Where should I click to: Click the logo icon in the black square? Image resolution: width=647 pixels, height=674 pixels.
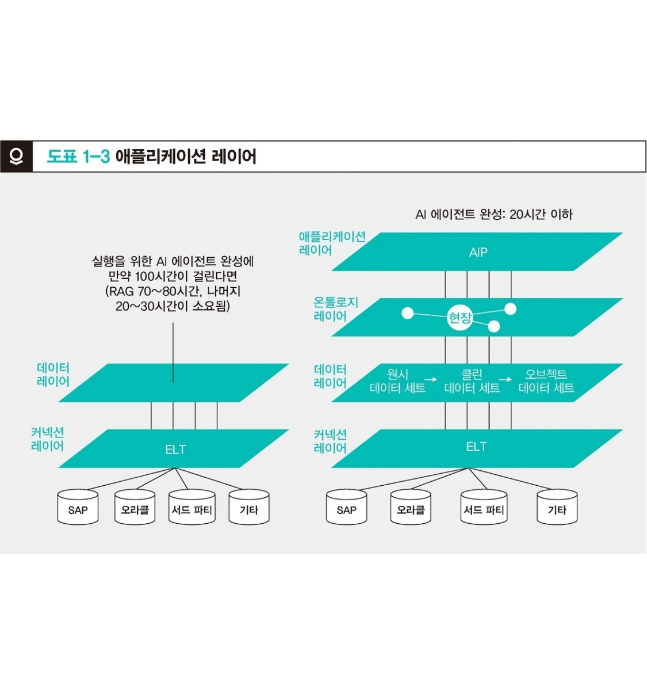tap(16, 156)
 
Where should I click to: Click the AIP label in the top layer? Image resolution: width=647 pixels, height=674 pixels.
tap(478, 252)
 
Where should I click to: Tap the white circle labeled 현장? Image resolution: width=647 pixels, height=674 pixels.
tap(460, 317)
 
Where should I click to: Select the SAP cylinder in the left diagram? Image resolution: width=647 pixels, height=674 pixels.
tap(78, 508)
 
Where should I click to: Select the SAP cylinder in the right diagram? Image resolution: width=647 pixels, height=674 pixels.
tap(346, 508)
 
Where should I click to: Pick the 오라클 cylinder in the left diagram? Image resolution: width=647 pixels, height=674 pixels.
tap(135, 508)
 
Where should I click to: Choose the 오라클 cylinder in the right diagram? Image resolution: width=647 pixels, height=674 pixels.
tap(411, 508)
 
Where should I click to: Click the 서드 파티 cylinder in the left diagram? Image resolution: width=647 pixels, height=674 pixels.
tap(192, 508)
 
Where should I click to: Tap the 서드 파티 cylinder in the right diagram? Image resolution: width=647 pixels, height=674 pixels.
tap(484, 508)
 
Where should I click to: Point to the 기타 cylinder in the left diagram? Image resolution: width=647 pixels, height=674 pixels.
tap(249, 508)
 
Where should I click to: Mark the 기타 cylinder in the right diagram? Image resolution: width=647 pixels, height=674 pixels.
tap(557, 508)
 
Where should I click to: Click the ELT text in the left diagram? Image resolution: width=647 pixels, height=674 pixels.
tap(175, 450)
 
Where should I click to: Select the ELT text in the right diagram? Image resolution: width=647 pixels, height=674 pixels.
tap(476, 447)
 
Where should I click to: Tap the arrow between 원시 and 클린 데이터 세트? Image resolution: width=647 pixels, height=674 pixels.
tap(430, 380)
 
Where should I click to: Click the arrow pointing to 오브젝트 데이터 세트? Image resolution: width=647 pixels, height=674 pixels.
tap(505, 380)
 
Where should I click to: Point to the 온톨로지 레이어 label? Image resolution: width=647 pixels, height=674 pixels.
tap(335, 309)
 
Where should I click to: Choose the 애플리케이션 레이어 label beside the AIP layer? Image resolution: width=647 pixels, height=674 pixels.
tap(332, 243)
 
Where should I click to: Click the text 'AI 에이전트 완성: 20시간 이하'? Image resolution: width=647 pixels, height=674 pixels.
tap(493, 215)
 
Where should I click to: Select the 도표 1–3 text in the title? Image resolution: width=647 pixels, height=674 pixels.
tap(78, 157)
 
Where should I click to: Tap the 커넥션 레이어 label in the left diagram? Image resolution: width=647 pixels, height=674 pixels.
tap(47, 439)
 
